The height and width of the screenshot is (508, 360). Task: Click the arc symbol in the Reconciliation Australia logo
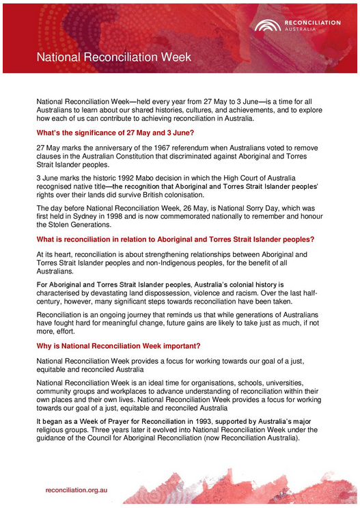[266, 26]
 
